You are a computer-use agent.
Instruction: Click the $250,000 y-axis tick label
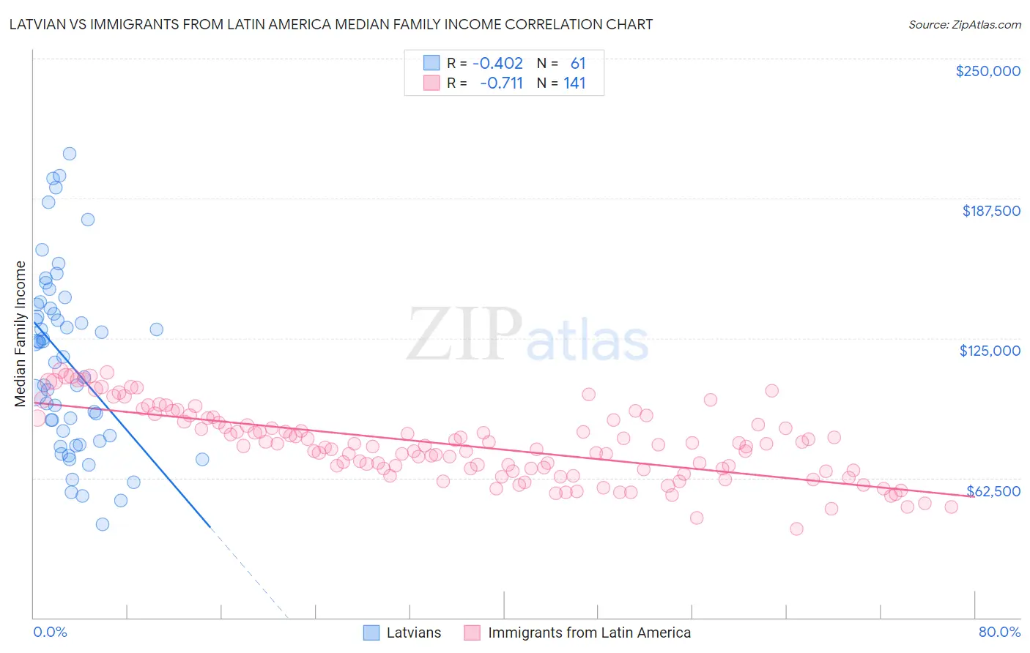point(988,71)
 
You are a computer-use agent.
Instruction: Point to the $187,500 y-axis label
point(990,211)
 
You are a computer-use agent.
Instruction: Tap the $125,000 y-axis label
point(990,351)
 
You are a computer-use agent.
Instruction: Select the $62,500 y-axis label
point(993,491)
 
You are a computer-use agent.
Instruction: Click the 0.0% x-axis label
point(50,632)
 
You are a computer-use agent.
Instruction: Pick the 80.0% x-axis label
point(999,632)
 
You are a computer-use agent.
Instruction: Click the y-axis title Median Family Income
point(21,334)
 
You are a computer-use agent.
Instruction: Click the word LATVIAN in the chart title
point(36,24)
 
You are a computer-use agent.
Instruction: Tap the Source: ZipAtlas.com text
point(964,24)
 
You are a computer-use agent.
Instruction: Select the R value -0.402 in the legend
point(497,64)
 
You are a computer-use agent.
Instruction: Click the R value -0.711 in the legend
point(501,83)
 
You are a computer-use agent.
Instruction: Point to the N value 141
point(574,83)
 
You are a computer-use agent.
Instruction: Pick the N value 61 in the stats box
point(578,64)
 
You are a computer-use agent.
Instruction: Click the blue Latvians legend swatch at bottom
point(371,633)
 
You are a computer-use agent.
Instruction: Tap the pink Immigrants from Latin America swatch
point(472,633)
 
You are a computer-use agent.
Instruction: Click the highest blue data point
point(70,154)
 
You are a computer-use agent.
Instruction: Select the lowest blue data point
point(103,524)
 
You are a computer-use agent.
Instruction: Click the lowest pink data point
point(796,529)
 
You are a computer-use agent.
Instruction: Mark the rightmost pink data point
point(951,507)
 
